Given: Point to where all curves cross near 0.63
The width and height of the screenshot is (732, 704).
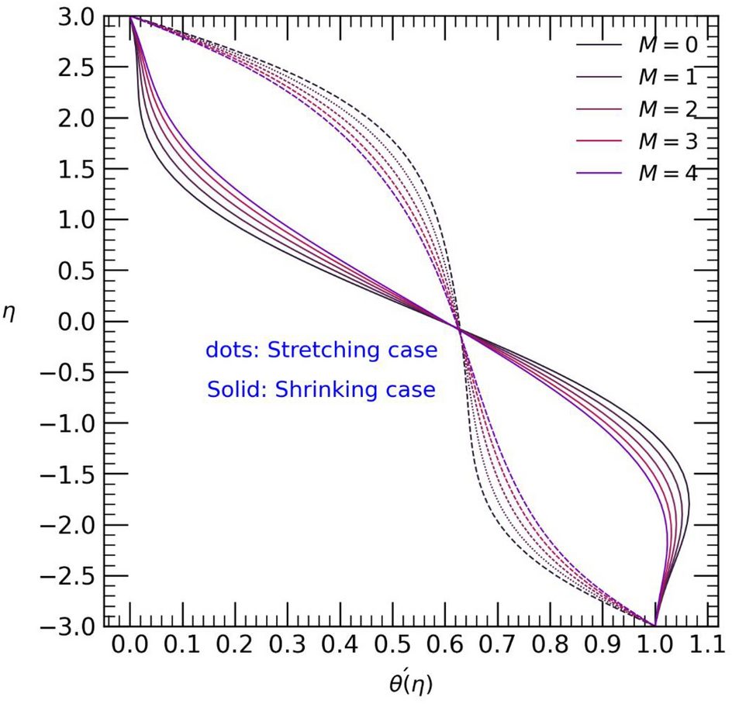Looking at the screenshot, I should click(x=460, y=332).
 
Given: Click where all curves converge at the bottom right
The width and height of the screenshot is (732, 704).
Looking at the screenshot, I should click(x=655, y=625).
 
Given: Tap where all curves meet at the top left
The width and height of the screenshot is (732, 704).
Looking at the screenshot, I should click(x=129, y=16).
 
